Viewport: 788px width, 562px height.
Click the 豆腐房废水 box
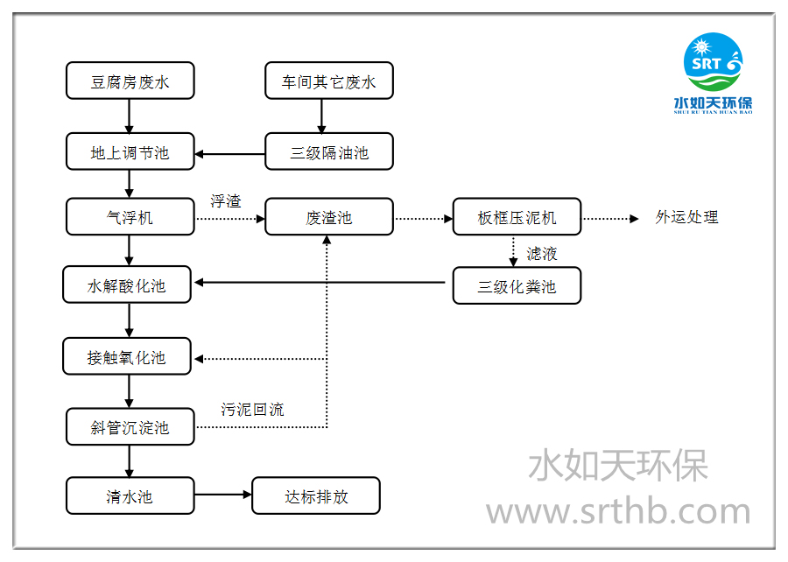coord(130,82)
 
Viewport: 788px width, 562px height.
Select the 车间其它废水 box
coord(329,82)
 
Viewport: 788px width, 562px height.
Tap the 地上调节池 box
coord(130,153)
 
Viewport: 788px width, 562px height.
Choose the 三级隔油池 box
coord(329,153)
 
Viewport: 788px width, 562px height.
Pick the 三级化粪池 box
coord(517,286)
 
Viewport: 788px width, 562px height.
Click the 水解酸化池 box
coord(127,285)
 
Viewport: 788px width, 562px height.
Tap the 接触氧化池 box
coord(127,357)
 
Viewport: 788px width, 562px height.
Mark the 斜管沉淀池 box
coord(130,427)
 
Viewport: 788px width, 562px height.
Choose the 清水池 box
coord(130,496)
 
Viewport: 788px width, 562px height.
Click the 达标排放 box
coord(316,496)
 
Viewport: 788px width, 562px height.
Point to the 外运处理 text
coord(686,217)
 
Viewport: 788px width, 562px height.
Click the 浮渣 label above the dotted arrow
coord(225,201)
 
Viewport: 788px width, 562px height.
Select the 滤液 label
coord(542,254)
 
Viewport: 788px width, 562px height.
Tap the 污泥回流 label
coord(252,410)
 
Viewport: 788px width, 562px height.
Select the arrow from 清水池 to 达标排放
coord(222,496)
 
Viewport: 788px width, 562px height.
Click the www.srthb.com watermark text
coord(618,511)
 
